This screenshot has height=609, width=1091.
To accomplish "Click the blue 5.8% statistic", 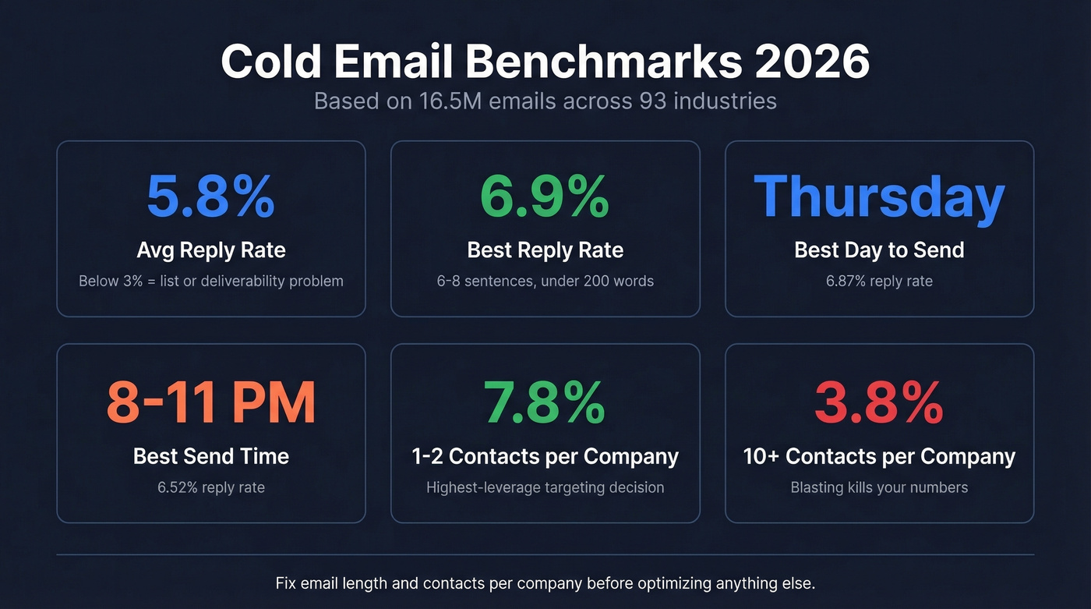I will (x=210, y=197).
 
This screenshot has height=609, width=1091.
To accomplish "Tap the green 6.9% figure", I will (x=545, y=197).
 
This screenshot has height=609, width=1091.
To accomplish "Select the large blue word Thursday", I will (x=879, y=197).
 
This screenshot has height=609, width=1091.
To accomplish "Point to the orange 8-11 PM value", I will (x=210, y=403).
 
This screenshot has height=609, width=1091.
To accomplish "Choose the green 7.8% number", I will (x=545, y=403).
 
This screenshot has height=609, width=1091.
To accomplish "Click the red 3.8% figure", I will (x=879, y=403).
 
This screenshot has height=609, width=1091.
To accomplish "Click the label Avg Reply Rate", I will (x=210, y=250).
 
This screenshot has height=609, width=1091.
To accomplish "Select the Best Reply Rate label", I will (x=545, y=250).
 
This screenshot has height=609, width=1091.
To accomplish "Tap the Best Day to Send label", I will (x=879, y=250).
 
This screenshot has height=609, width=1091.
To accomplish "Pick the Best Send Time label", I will (x=210, y=456).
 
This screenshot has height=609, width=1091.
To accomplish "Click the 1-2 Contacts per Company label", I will (x=545, y=456).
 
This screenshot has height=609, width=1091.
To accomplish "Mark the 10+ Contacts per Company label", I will (x=879, y=456).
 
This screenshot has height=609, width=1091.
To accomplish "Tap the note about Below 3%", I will (x=210, y=281).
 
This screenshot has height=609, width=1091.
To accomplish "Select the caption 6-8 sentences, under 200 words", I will (x=545, y=281).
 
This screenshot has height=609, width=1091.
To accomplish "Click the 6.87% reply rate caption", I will (x=879, y=281).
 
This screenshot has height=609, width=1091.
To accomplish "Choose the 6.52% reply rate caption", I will (x=210, y=487).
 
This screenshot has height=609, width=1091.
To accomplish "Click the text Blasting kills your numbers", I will (x=879, y=487).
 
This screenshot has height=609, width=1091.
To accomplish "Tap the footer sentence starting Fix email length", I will (x=545, y=583).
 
